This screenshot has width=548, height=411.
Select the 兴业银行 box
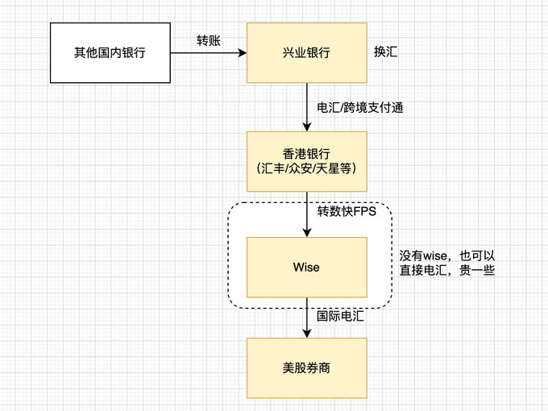pyautogui.click(x=306, y=53)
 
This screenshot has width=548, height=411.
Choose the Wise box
pyautogui.click(x=306, y=267)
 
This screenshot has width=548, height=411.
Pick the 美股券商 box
pyautogui.click(x=306, y=368)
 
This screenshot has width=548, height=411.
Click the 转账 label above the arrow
pyautogui.click(x=210, y=40)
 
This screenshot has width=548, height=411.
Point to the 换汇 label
pyautogui.click(x=384, y=52)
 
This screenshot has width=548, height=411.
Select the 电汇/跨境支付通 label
pyautogui.click(x=359, y=108)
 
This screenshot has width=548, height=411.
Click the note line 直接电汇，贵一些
pyautogui.click(x=446, y=272)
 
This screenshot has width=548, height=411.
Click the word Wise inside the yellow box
pyautogui.click(x=306, y=267)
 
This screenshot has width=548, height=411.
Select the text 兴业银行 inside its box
pyautogui.click(x=306, y=53)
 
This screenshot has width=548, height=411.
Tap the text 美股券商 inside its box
pyautogui.click(x=306, y=368)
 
